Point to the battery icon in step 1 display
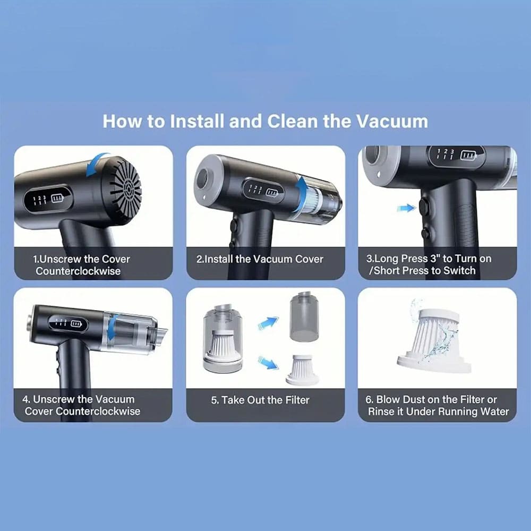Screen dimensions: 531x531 coord(57,198)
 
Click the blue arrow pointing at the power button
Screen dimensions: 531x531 coord(406,208)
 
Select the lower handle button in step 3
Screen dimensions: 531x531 coord(426,234)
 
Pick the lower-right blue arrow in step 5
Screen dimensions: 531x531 coord(269,363)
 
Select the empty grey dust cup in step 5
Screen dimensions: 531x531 coord(304,316)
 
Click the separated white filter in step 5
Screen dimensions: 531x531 coord(303,370)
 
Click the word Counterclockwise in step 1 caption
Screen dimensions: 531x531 coord(78,271)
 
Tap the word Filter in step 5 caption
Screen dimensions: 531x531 coord(297,400)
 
